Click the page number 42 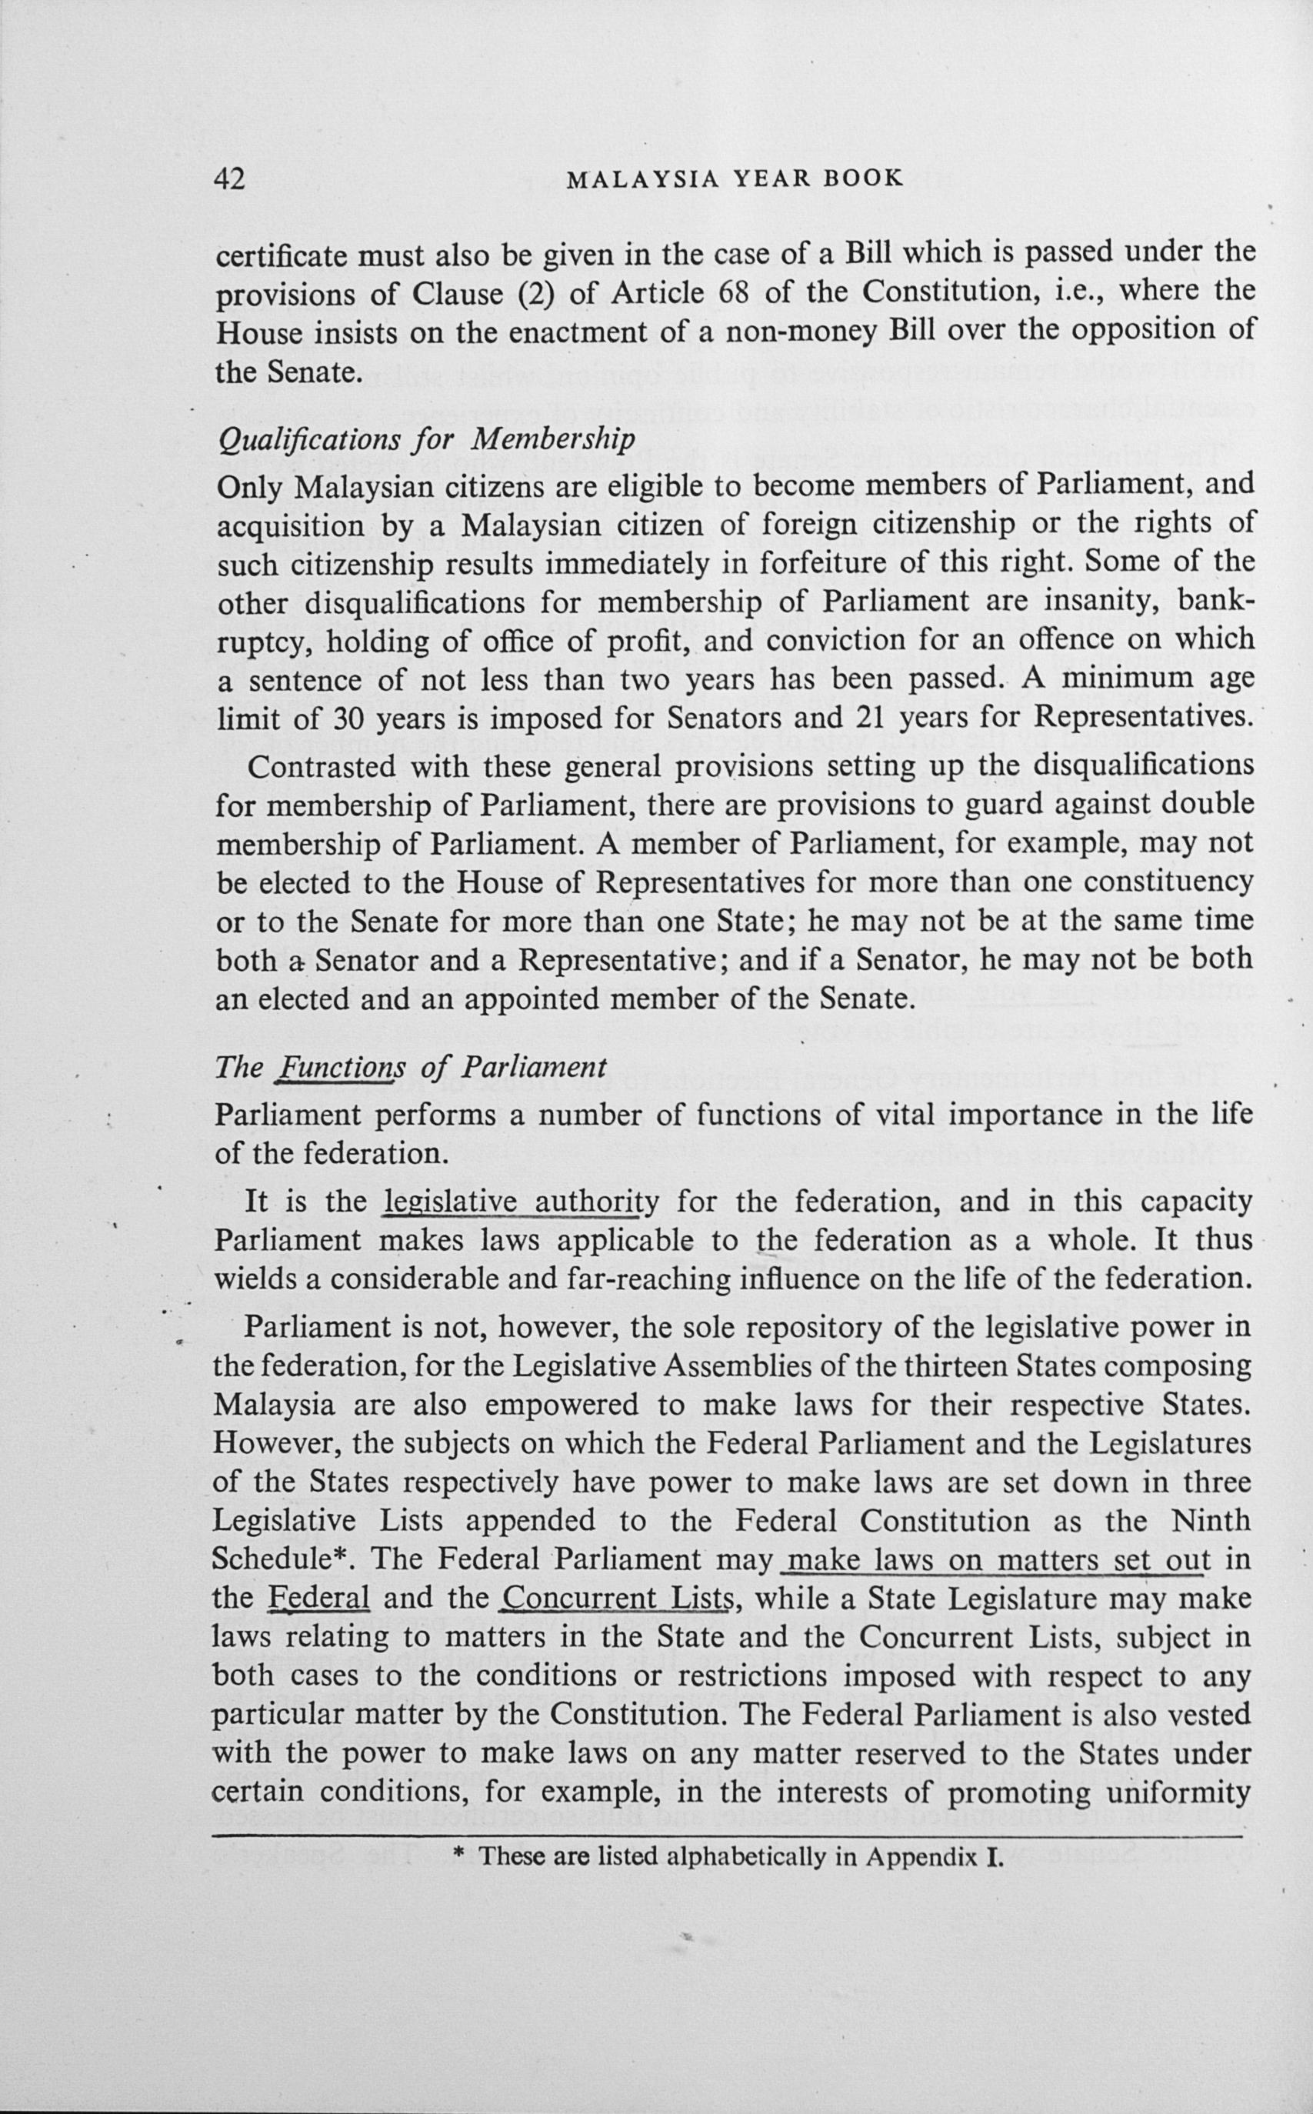(x=231, y=179)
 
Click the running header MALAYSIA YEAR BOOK (x=734, y=179)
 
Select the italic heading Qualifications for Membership (x=425, y=438)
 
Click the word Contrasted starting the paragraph (x=318, y=767)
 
